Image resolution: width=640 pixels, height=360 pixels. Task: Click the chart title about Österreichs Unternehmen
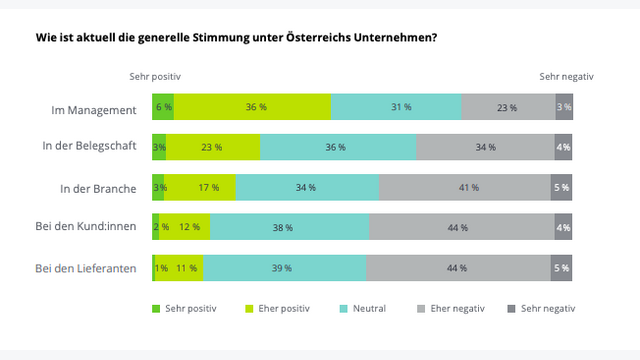pyautogui.click(x=236, y=37)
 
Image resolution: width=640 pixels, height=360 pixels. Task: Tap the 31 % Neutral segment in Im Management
pyautogui.click(x=397, y=107)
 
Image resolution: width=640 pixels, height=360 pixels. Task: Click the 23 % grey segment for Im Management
pyautogui.click(x=508, y=107)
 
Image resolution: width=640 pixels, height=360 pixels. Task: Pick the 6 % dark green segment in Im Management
pyautogui.click(x=163, y=107)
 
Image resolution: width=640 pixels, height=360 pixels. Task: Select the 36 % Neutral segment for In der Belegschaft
pyautogui.click(x=337, y=147)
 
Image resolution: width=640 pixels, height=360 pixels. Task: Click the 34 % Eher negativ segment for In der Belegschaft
pyautogui.click(x=485, y=147)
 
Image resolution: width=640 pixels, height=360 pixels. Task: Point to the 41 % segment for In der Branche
pyautogui.click(x=465, y=187)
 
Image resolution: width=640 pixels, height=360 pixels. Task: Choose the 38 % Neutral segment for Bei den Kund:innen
pyautogui.click(x=283, y=227)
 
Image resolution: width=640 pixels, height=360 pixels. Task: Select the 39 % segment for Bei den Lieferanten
pyautogui.click(x=284, y=268)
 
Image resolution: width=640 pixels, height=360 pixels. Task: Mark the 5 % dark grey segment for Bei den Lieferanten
pyautogui.click(x=562, y=268)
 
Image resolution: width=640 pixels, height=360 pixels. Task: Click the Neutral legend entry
pyautogui.click(x=361, y=308)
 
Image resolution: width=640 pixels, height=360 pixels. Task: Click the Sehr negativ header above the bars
pyautogui.click(x=566, y=76)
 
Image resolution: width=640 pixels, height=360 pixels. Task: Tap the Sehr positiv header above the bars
pyautogui.click(x=155, y=76)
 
